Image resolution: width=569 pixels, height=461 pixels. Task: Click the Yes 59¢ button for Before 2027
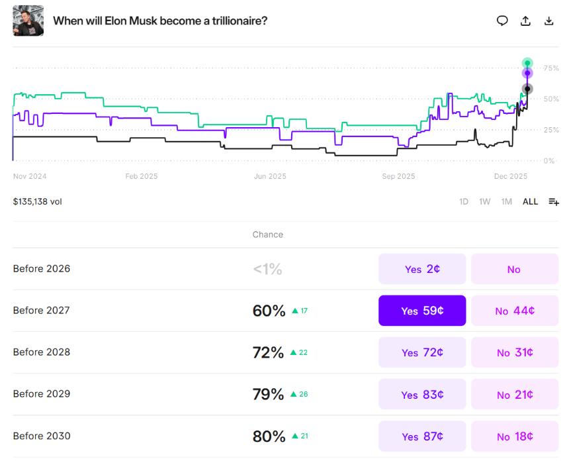tap(422, 311)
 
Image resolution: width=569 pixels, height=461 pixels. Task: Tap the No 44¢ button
tap(515, 311)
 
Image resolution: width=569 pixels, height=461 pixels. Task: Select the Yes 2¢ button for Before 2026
tap(422, 269)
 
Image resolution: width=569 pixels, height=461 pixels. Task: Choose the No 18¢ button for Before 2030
tap(515, 436)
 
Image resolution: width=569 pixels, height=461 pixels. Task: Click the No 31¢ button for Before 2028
tap(515, 352)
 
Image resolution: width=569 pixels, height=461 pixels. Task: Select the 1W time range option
tap(485, 201)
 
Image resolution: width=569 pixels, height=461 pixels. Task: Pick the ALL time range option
tap(530, 201)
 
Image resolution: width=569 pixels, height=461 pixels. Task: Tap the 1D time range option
tap(464, 201)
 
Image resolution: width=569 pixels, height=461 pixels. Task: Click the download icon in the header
tap(548, 21)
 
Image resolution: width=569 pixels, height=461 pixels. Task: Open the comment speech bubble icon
tap(502, 21)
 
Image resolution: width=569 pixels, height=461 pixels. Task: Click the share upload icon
tap(525, 21)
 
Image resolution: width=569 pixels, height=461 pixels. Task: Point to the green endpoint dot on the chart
tap(527, 63)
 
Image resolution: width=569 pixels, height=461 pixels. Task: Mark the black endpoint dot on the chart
tap(527, 89)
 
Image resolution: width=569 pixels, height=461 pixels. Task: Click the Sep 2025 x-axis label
tap(398, 176)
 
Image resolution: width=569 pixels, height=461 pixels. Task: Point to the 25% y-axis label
tap(550, 130)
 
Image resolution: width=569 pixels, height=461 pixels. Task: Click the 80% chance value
tap(269, 436)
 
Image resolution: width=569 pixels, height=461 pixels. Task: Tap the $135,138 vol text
tap(37, 201)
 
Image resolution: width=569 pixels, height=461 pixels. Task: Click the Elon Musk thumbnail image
tap(28, 21)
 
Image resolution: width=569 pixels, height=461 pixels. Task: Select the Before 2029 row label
tap(41, 394)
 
